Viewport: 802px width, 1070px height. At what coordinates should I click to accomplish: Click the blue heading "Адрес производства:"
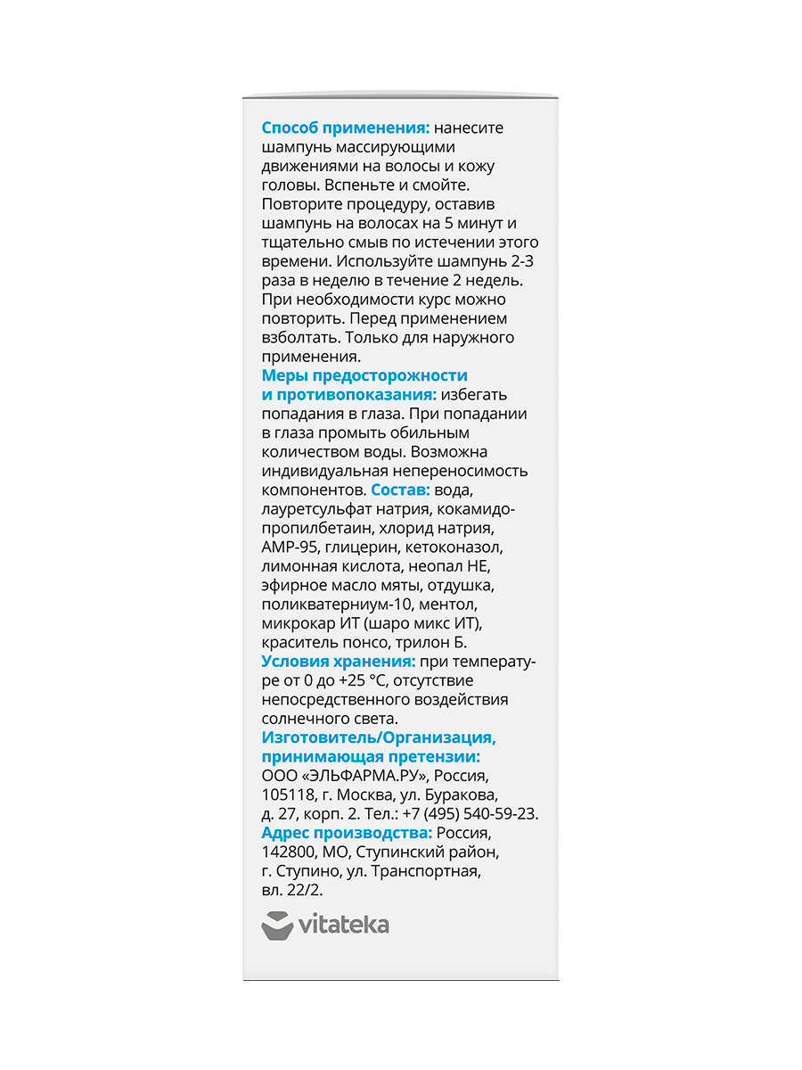pos(347,833)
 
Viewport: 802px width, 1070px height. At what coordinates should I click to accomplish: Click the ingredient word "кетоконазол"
pos(458,547)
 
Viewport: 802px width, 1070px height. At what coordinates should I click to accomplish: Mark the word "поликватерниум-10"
pos(329,605)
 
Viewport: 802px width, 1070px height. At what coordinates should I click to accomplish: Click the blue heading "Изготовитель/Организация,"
pos(379,738)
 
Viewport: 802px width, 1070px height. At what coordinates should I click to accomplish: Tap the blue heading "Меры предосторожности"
pos(364,376)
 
